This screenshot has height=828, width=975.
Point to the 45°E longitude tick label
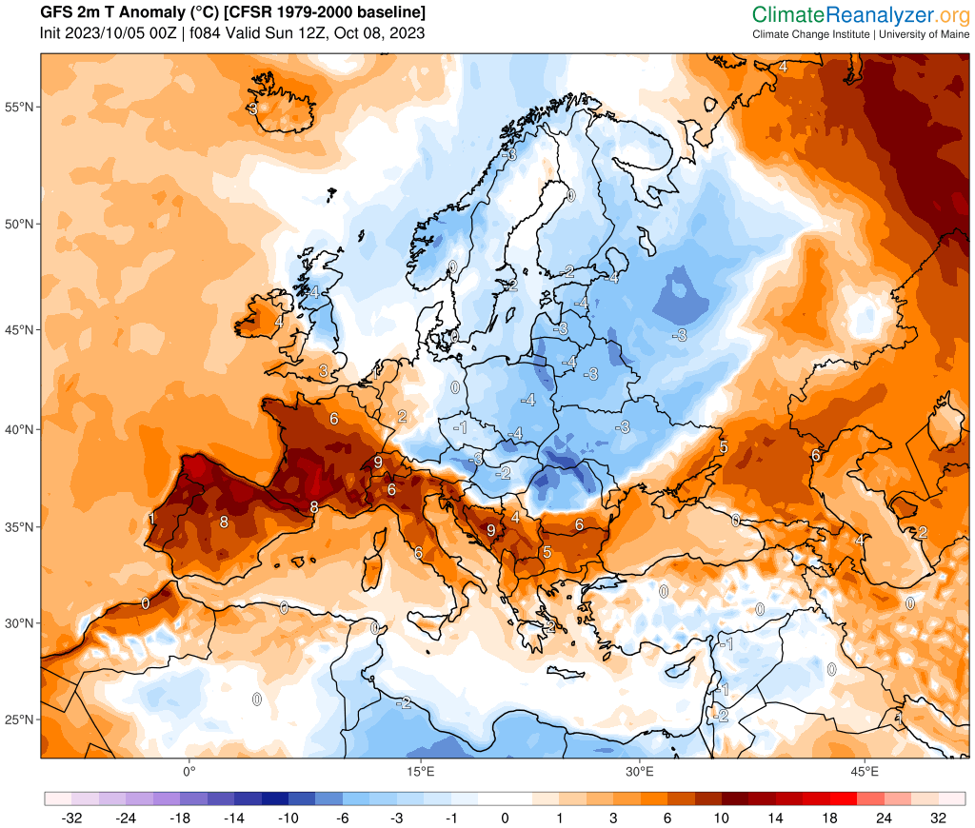[865, 770]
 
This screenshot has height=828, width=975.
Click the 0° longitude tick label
[189, 770]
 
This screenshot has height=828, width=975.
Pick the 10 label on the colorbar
[722, 818]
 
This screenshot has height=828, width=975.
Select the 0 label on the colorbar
[505, 818]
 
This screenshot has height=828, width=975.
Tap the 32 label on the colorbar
[939, 818]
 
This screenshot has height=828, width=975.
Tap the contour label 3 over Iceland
[252, 108]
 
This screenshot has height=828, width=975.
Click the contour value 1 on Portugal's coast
[151, 519]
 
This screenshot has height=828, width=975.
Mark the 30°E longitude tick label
[640, 770]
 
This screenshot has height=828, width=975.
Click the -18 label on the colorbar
[179, 818]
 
